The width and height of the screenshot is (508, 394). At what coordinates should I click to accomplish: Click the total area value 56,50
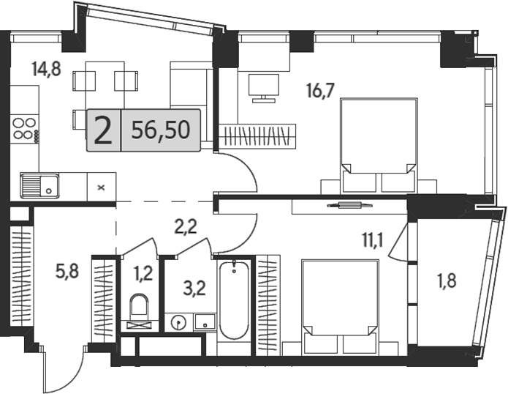pyautogui.click(x=161, y=130)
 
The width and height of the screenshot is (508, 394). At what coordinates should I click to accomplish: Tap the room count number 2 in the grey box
pyautogui.click(x=103, y=131)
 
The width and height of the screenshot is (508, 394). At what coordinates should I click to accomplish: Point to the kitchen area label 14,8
pyautogui.click(x=46, y=69)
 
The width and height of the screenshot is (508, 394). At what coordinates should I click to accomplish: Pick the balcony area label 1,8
pyautogui.click(x=447, y=280)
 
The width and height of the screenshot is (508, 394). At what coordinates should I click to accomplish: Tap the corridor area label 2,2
pyautogui.click(x=186, y=227)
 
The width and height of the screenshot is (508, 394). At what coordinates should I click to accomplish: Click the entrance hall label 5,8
pyautogui.click(x=67, y=271)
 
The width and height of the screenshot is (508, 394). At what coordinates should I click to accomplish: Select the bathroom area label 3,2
pyautogui.click(x=194, y=289)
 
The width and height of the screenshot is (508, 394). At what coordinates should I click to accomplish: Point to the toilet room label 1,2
pyautogui.click(x=143, y=275)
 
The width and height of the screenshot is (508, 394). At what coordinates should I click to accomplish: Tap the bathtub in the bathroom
pyautogui.click(x=234, y=300)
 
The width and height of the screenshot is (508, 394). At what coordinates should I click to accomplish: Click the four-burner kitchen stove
pyautogui.click(x=25, y=128)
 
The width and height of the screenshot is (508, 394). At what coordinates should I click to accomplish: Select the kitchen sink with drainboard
pyautogui.click(x=40, y=185)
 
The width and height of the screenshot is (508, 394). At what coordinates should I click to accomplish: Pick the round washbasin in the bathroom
pyautogui.click(x=178, y=323)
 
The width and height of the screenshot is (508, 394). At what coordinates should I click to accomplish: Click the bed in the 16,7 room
pyautogui.click(x=379, y=145)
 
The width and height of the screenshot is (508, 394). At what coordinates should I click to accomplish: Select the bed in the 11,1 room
pyautogui.click(x=340, y=306)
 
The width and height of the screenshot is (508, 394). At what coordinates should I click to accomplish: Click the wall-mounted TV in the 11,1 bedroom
pyautogui.click(x=349, y=205)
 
